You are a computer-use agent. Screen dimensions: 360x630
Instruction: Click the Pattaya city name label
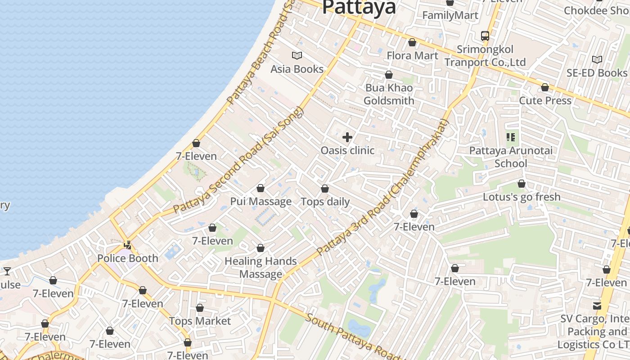[359, 7]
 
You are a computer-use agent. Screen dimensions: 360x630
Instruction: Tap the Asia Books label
[297, 69]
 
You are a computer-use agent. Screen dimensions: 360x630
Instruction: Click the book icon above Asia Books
[297, 55]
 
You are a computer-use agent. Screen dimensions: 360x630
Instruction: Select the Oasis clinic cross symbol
[347, 137]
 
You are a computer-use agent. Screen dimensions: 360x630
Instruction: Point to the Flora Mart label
[412, 55]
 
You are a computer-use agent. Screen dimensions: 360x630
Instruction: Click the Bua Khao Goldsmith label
[389, 94]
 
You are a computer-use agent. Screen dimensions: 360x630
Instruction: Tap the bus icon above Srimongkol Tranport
[485, 36]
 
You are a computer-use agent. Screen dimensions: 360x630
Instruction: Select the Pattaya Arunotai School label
[511, 157]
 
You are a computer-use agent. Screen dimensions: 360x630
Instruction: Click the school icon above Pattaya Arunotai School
[511, 137]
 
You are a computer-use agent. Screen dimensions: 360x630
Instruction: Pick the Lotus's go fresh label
[522, 197]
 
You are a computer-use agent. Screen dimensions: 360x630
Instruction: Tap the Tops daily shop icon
[325, 189]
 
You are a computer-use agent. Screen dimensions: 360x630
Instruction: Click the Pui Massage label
[261, 201]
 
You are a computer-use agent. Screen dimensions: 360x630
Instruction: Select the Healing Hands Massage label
[261, 267]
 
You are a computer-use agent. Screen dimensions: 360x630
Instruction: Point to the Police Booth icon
[128, 245]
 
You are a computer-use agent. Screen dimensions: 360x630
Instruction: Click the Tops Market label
[200, 321]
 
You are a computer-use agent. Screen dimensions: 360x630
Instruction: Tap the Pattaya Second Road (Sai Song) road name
[239, 160]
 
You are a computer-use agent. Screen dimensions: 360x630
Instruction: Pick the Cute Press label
[545, 100]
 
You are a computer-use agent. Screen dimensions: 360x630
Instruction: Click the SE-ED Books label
[597, 72]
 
